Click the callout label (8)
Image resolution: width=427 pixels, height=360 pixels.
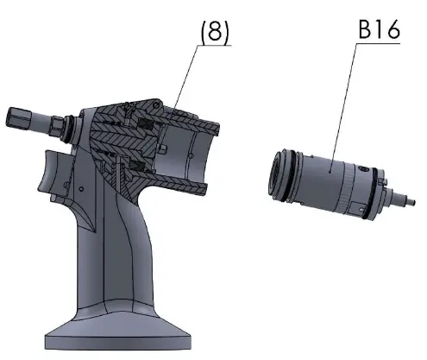pyautogui.click(x=215, y=31)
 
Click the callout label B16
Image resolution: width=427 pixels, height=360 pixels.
pyautogui.click(x=379, y=29)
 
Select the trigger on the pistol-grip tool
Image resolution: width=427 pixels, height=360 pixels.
pyautogui.click(x=54, y=172)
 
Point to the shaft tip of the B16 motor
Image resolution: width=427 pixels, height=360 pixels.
pyautogui.click(x=411, y=201)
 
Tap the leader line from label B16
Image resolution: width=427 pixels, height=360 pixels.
pyautogui.click(x=343, y=108)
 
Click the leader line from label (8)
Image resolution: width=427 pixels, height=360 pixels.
pyautogui.click(x=185, y=81)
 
